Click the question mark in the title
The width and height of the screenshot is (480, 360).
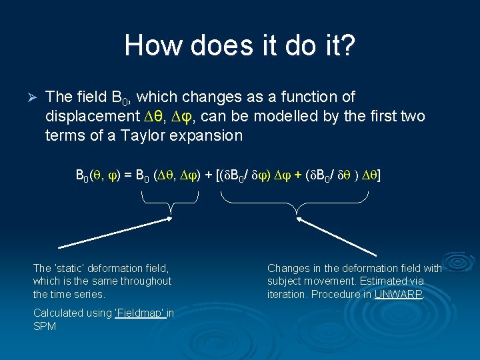click(348, 46)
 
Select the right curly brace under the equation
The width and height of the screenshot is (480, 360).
click(296, 203)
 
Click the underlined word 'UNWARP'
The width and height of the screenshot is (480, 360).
click(398, 293)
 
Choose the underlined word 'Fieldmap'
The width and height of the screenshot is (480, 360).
click(142, 313)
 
